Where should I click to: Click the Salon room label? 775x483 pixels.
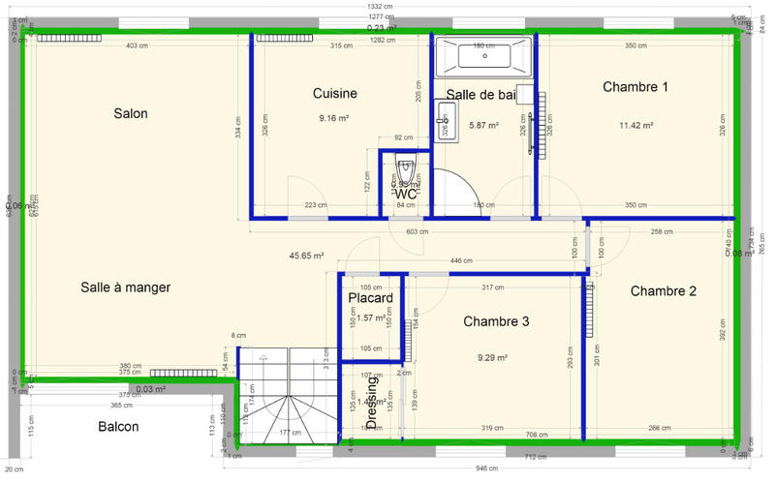click(x=130, y=113)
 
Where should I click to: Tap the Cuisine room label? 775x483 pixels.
click(x=335, y=94)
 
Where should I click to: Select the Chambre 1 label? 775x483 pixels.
click(x=635, y=87)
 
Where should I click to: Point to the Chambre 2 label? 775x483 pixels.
click(x=664, y=290)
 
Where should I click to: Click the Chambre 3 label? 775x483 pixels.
click(x=495, y=321)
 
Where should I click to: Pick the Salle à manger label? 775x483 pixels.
click(x=126, y=287)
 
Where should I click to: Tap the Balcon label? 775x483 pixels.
click(x=118, y=427)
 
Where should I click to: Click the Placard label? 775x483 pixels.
click(x=371, y=298)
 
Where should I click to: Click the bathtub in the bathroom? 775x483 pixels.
click(x=483, y=57)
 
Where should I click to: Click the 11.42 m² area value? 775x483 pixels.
click(x=636, y=125)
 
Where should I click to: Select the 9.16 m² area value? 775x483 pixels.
click(x=333, y=118)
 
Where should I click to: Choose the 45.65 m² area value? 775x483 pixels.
click(x=306, y=257)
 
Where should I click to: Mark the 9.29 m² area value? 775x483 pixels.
click(x=493, y=357)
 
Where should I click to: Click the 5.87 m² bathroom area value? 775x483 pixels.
click(x=483, y=125)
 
